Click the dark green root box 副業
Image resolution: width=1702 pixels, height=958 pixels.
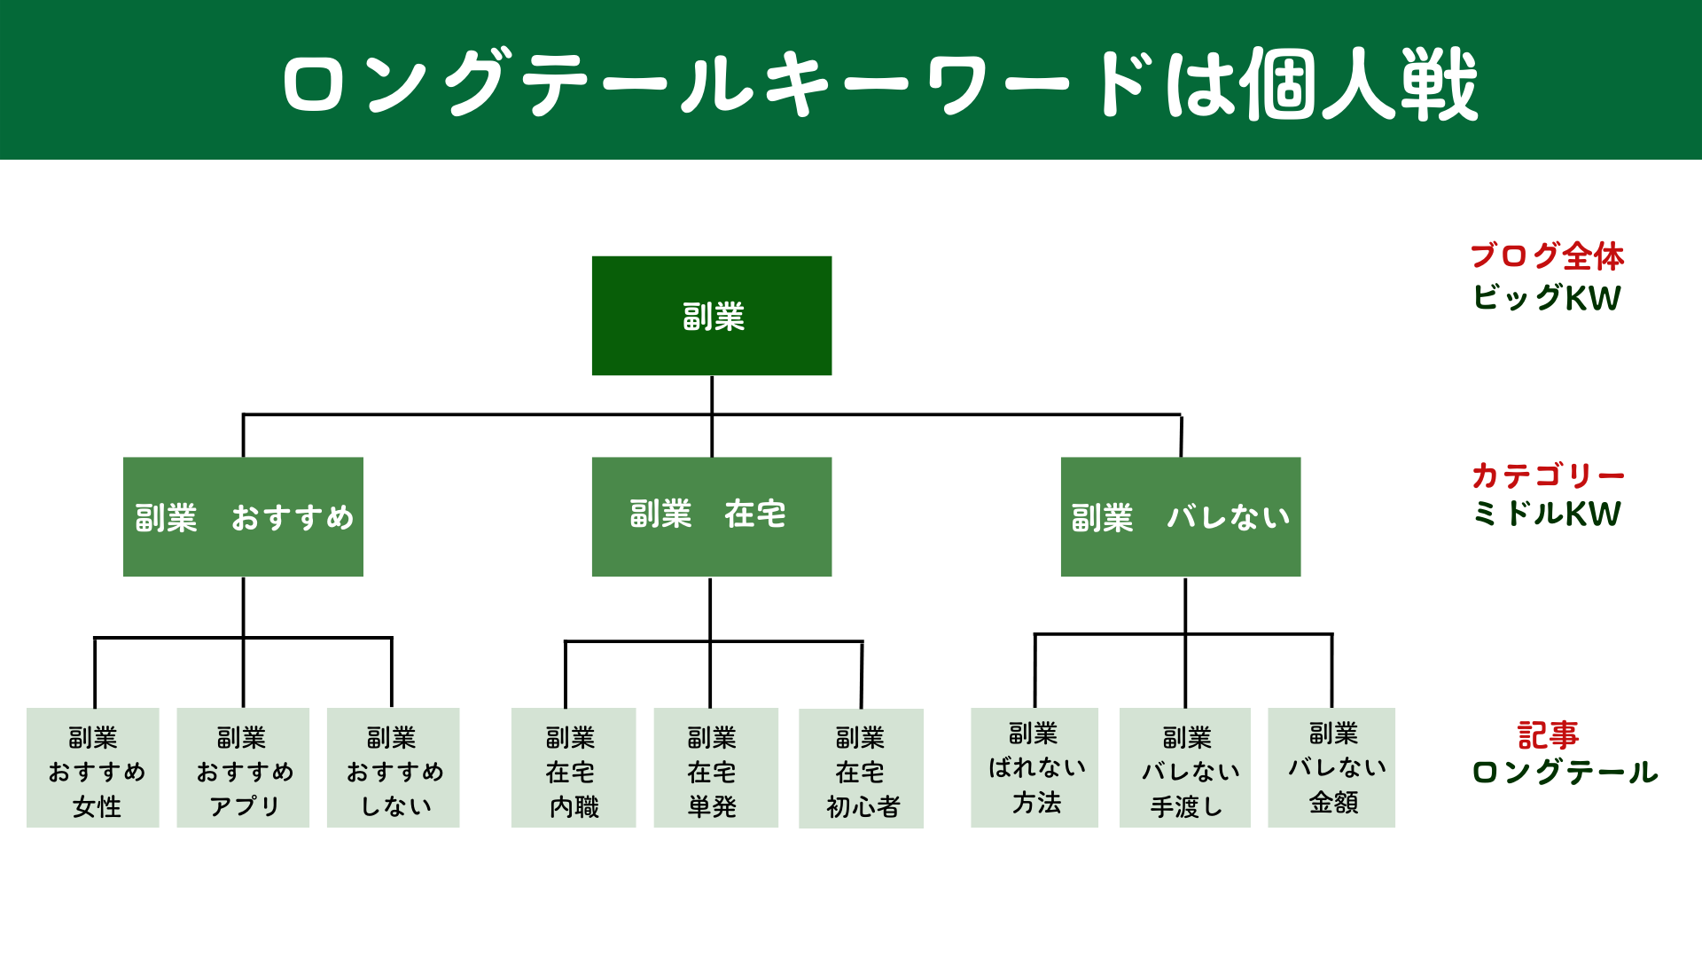click(x=712, y=316)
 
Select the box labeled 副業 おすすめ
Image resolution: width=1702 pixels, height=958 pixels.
click(x=243, y=516)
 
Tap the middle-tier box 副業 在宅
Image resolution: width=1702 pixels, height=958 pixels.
click(x=712, y=516)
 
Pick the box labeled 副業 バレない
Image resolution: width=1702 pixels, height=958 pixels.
click(x=1181, y=516)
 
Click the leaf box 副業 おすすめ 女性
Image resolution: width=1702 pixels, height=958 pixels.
click(x=93, y=767)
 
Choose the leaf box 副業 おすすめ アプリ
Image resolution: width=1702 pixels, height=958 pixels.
click(x=243, y=767)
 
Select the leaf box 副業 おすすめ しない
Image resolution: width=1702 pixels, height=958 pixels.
click(x=393, y=767)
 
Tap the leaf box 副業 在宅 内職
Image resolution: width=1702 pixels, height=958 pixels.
click(x=574, y=767)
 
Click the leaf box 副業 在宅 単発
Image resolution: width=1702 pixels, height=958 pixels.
click(x=715, y=767)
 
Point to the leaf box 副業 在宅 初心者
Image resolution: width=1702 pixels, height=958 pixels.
click(x=861, y=768)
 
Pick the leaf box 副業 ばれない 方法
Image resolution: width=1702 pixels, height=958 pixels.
click(x=1034, y=767)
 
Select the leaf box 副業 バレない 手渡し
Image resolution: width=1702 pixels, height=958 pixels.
click(x=1185, y=767)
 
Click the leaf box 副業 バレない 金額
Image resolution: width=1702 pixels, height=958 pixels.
click(x=1331, y=767)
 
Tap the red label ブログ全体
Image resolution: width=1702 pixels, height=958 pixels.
click(x=1547, y=256)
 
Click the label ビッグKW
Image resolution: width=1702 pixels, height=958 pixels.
click(x=1547, y=297)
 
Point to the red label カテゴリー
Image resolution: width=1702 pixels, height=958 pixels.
click(x=1548, y=475)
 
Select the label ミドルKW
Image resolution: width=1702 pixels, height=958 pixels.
click(x=1547, y=514)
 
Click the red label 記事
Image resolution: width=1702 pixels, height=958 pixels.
click(x=1548, y=735)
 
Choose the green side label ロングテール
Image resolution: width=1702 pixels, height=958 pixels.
click(x=1565, y=773)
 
